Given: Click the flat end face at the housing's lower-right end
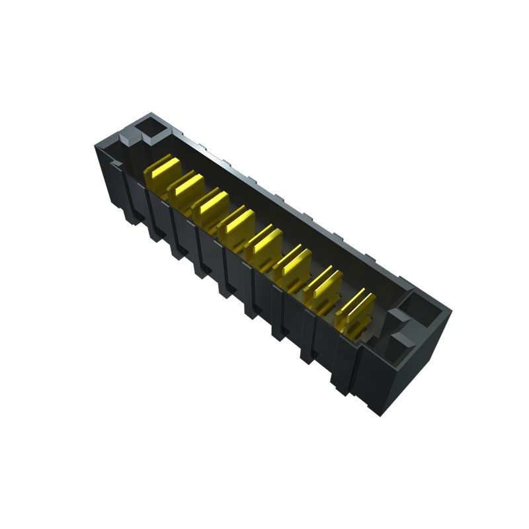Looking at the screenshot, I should point(417,370).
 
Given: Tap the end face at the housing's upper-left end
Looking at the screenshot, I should point(106,172).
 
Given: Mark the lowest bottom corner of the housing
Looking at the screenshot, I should point(378,414).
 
